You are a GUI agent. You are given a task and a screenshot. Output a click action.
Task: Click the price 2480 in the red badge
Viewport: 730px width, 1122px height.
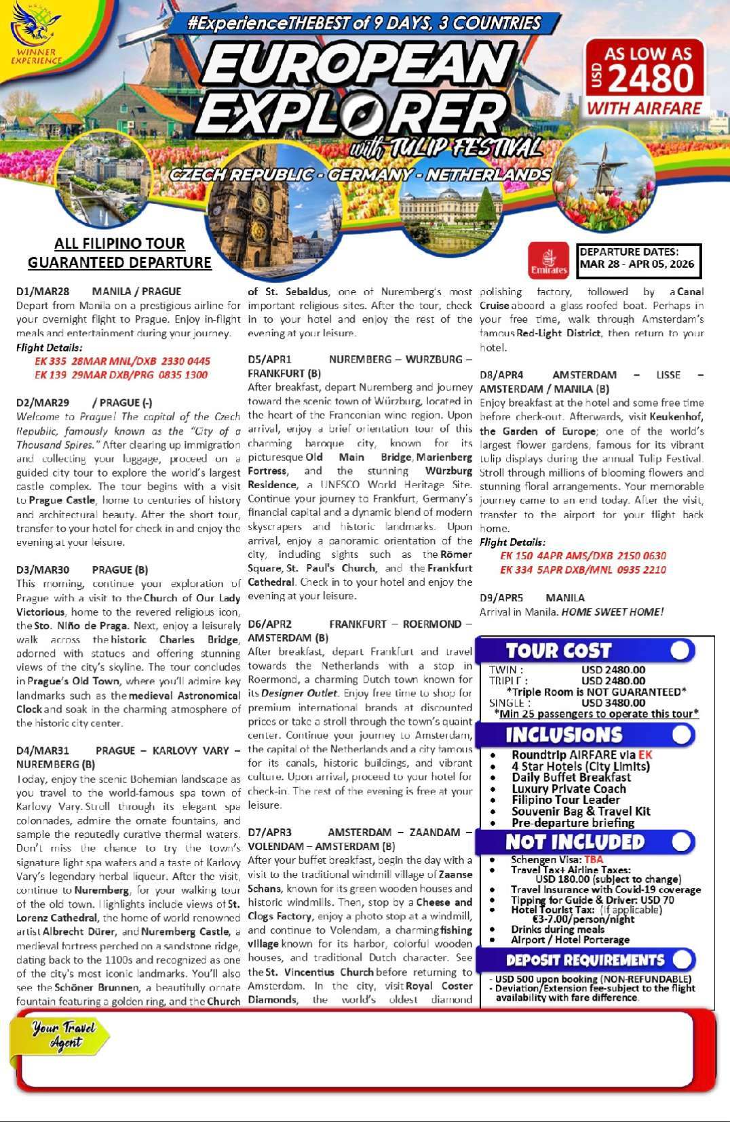(x=651, y=79)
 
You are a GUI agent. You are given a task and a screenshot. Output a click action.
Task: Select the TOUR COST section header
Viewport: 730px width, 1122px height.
(x=559, y=651)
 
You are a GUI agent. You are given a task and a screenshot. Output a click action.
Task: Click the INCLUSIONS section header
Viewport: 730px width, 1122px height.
(x=564, y=735)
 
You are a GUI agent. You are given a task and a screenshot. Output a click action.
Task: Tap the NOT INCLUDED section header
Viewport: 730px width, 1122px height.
(x=575, y=842)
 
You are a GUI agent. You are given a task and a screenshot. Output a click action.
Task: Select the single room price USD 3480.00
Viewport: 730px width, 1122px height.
(x=613, y=703)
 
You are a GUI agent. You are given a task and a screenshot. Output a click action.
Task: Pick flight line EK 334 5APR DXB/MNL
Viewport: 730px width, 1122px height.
(x=583, y=569)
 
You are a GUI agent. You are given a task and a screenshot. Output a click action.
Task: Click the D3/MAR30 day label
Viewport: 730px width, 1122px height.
(x=43, y=569)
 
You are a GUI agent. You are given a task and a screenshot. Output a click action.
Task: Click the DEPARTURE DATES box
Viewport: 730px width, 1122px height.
(x=638, y=258)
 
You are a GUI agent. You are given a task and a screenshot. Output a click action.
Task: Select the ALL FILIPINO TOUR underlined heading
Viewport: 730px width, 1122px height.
(x=119, y=243)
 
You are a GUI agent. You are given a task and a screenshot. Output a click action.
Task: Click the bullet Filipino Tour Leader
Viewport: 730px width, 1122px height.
(x=565, y=800)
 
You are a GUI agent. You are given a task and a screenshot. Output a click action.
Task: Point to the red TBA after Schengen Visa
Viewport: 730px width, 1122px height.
(x=594, y=860)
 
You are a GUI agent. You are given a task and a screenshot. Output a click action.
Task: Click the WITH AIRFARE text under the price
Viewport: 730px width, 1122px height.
(x=644, y=108)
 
